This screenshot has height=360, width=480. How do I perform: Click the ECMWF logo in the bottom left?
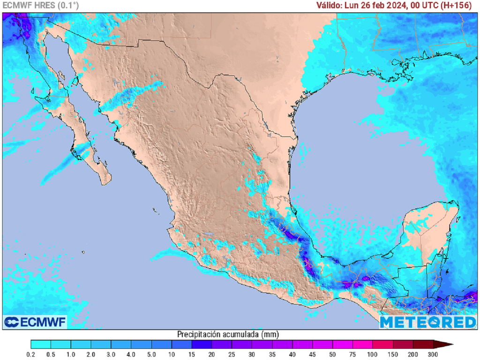[35, 322]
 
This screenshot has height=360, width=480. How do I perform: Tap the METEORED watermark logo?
[427, 322]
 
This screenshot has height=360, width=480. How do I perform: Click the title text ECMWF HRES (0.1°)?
[41, 5]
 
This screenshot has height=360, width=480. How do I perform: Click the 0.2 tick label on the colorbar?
[31, 354]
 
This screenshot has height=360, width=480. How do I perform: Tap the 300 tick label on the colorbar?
[433, 354]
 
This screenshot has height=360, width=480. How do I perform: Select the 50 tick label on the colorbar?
[332, 354]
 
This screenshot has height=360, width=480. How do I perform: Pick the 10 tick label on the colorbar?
[172, 354]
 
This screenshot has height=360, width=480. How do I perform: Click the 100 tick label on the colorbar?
[373, 354]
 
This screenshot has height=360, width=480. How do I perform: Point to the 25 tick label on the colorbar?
[232, 354]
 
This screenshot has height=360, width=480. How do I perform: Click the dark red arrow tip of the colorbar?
[447, 344]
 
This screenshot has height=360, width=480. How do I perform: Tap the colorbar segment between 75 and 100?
[363, 344]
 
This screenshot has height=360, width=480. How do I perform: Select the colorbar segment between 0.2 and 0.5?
[41, 344]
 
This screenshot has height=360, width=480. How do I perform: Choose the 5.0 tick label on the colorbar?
[151, 354]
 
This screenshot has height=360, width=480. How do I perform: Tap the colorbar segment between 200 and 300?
[423, 344]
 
